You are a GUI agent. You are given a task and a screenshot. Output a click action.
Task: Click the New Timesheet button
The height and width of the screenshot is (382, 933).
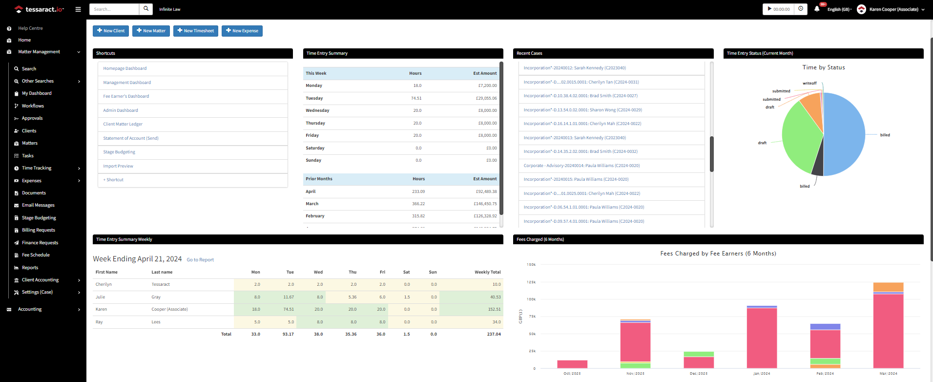[195, 31]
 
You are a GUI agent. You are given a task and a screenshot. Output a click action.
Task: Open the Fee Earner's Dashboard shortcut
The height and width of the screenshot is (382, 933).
[126, 96]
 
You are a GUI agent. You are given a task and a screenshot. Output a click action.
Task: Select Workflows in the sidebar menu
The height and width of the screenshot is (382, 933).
[33, 106]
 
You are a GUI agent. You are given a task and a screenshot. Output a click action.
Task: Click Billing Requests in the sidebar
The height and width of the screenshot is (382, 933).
[38, 230]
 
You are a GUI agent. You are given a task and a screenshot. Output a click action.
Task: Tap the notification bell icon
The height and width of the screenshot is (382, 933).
[817, 9]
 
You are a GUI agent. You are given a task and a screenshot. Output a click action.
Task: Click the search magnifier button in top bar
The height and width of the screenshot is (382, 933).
[146, 9]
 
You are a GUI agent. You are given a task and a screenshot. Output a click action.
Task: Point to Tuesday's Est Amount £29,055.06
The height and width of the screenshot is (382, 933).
[486, 98]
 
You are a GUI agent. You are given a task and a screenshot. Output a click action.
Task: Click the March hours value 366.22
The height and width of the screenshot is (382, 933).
[418, 204]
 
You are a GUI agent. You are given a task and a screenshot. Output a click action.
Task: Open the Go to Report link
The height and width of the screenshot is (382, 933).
[200, 260]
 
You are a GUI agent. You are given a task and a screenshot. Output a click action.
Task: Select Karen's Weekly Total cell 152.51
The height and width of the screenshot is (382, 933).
[494, 309]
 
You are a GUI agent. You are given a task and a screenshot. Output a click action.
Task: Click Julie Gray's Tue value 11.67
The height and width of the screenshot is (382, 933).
[289, 297]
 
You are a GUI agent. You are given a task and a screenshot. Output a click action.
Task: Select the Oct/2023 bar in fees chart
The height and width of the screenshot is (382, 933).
[572, 364]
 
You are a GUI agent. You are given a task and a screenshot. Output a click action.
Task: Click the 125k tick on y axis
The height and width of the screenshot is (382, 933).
[531, 282]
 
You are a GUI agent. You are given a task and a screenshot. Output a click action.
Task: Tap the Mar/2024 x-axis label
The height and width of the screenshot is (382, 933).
[888, 373]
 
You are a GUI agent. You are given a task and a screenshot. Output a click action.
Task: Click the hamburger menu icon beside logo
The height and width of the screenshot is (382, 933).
[78, 9]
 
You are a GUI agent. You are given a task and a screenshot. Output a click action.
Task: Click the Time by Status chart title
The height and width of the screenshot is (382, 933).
[823, 67]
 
